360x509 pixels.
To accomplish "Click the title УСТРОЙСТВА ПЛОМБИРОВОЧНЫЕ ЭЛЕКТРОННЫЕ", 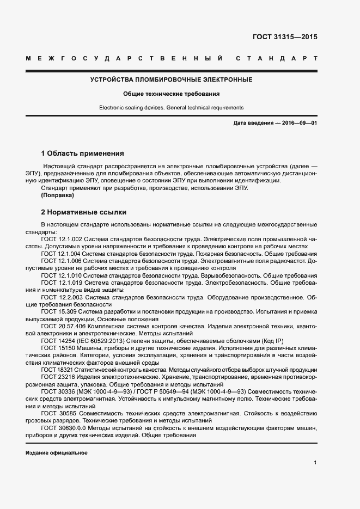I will coord(171,79).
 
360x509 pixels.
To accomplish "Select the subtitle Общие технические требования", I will coord(171,94).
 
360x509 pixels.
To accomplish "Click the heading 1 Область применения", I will coord(83,153).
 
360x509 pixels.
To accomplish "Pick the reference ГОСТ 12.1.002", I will coord(61,239).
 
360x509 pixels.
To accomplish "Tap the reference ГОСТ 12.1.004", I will coord(61,254).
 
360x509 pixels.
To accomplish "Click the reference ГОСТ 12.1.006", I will coord(61,261).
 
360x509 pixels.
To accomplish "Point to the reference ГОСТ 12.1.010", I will coord(61,276).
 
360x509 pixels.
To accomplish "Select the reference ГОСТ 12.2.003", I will coord(62,297).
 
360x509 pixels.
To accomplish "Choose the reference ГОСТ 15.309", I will coord(57,312).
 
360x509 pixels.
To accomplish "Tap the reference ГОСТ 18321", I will coord(56,370).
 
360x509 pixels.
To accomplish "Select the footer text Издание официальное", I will coord(56,453).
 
